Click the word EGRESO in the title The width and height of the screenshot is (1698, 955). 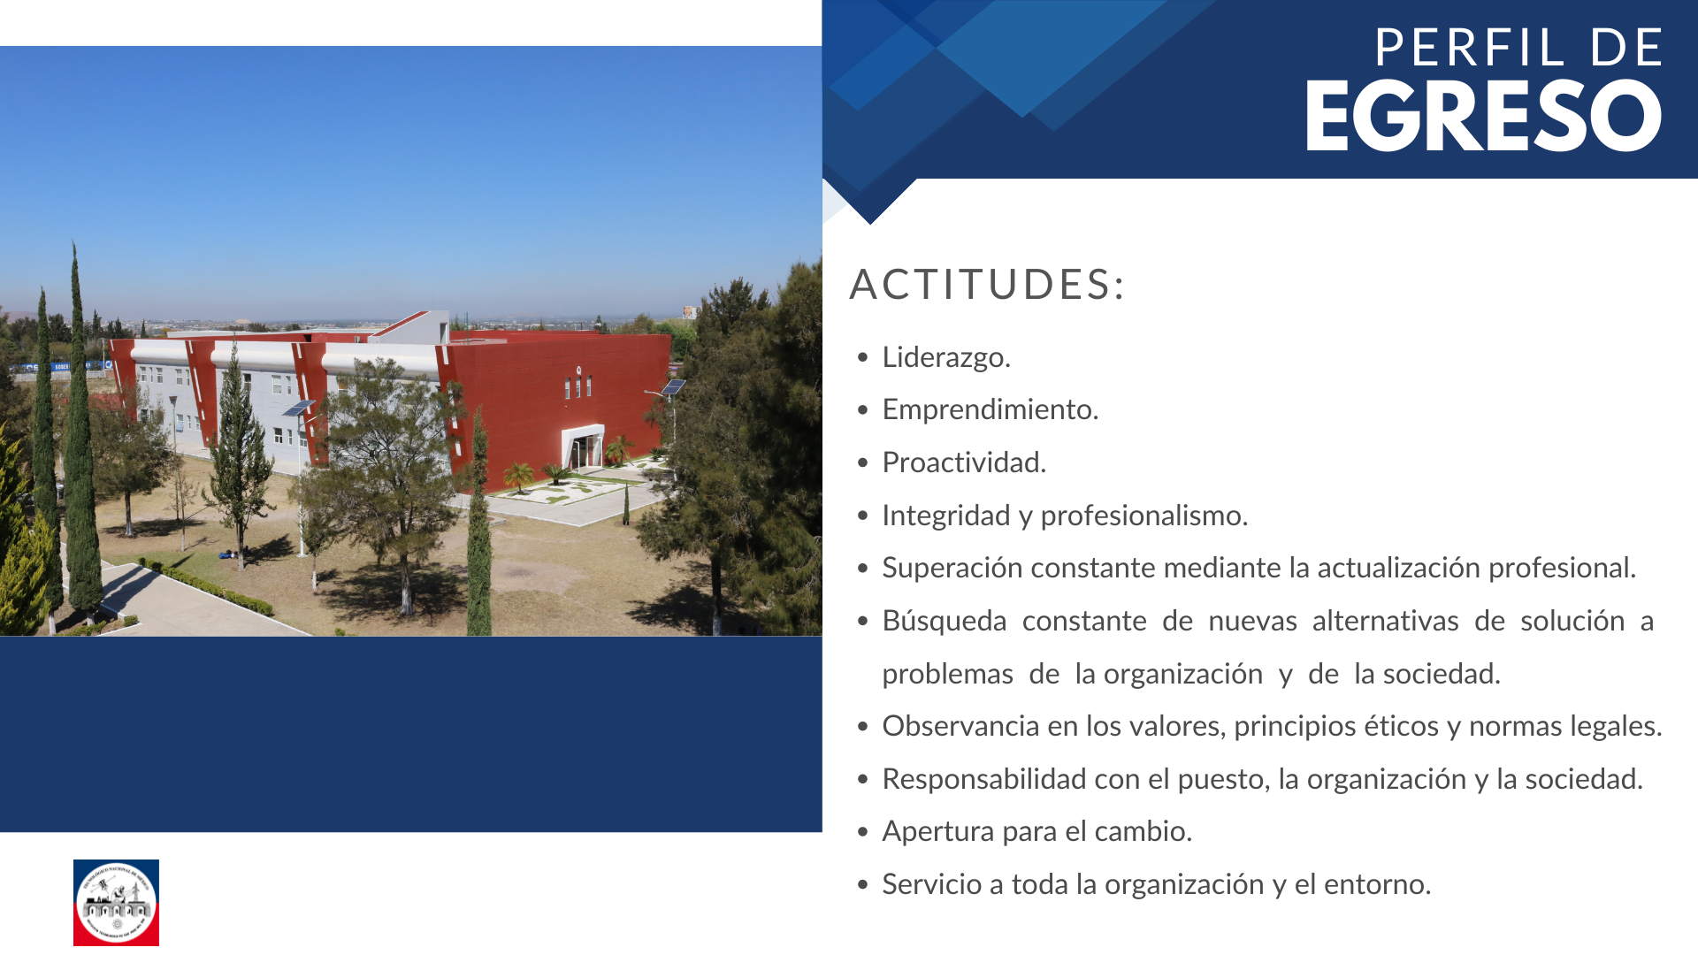[1484, 116]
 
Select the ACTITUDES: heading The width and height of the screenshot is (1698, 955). [987, 285]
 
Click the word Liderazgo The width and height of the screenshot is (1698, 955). [946, 357]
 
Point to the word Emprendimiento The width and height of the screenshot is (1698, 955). [990, 409]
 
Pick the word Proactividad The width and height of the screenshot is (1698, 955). [964, 462]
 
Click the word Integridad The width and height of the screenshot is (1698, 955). [946, 516]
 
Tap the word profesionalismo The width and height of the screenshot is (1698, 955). [1144, 516]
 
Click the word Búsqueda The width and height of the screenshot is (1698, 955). [945, 621]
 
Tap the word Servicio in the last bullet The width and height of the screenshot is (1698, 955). [932, 884]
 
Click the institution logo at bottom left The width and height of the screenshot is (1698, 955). [116, 903]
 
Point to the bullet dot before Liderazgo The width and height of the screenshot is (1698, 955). [863, 358]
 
